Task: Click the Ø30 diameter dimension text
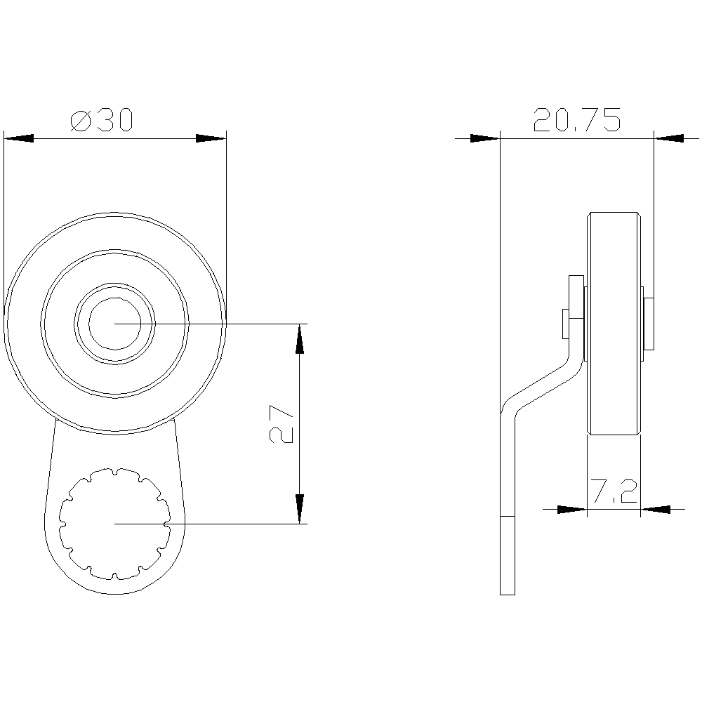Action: pos(102,120)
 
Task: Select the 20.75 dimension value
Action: pos(577,120)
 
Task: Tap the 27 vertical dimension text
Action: pos(282,424)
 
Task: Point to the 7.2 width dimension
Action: pos(613,492)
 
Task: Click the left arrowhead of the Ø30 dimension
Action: pos(19,138)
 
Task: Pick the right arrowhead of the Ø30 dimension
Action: pos(211,138)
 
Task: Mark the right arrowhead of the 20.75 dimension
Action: pos(669,138)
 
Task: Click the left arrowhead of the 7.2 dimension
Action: pos(571,509)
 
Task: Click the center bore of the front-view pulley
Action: pos(114,323)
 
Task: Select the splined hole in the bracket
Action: pos(114,523)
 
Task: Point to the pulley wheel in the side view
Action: pos(614,323)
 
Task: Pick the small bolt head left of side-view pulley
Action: pos(565,323)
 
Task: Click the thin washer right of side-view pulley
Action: pos(649,323)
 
